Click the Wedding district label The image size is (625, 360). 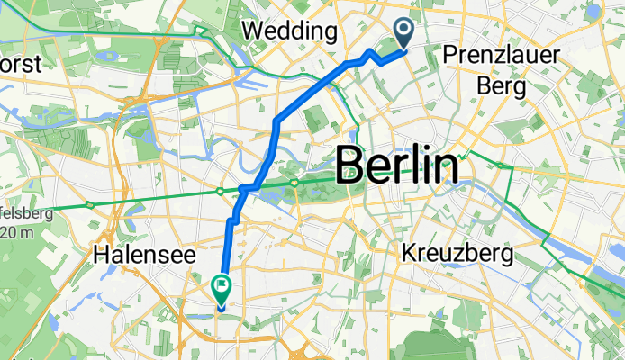tap(290, 31)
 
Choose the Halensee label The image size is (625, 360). tap(144, 256)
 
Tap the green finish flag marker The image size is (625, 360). tap(221, 287)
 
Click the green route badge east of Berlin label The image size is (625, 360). tap(503, 167)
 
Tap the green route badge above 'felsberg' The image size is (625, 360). tap(89, 205)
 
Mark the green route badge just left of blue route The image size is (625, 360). tap(220, 191)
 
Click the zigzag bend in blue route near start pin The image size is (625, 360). tap(371, 55)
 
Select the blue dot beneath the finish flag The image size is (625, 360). tap(221, 305)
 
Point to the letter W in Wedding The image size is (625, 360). tap(253, 31)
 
